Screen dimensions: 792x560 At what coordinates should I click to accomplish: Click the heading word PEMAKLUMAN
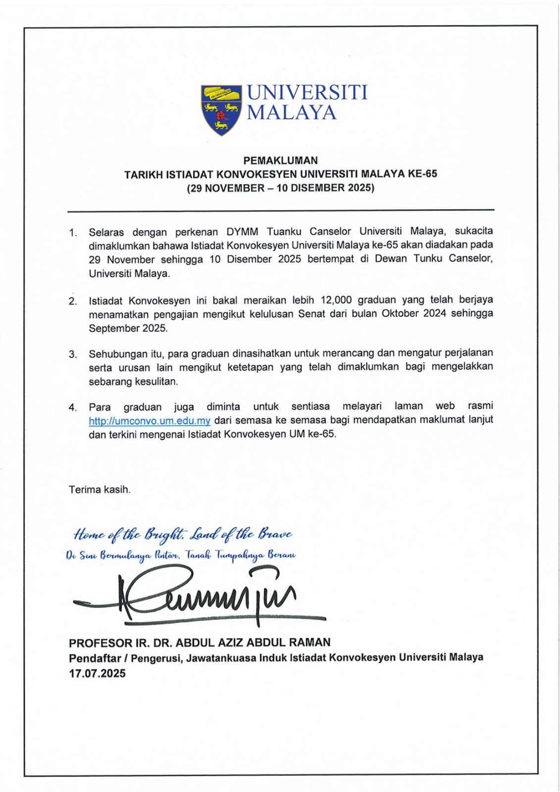pyautogui.click(x=280, y=160)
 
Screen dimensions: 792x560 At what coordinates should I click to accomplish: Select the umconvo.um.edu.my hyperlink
pyautogui.click(x=150, y=421)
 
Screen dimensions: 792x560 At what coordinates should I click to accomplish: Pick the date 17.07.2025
pyautogui.click(x=97, y=673)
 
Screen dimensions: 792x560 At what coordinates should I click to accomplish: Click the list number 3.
pyautogui.click(x=73, y=354)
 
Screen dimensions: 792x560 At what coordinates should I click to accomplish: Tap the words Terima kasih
pyautogui.click(x=100, y=490)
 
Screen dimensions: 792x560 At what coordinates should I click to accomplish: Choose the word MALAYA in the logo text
pyautogui.click(x=292, y=113)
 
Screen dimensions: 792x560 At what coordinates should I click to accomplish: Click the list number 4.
pyautogui.click(x=73, y=407)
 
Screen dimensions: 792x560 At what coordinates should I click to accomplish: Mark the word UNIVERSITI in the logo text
pyautogui.click(x=307, y=93)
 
